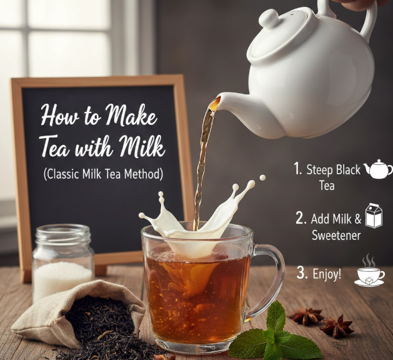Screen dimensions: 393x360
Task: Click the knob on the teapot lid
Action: (269, 18)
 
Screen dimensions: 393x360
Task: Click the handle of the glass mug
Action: (270, 280)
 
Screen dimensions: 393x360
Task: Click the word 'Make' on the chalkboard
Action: (131, 116)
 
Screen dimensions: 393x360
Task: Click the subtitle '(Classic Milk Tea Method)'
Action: (103, 174)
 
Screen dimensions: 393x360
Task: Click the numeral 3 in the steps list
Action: (302, 272)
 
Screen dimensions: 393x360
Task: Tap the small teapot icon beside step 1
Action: (378, 169)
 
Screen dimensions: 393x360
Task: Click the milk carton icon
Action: (374, 216)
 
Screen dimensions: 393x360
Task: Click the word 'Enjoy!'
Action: (327, 274)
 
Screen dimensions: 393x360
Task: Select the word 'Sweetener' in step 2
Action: (336, 235)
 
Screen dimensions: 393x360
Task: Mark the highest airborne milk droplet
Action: (262, 177)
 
